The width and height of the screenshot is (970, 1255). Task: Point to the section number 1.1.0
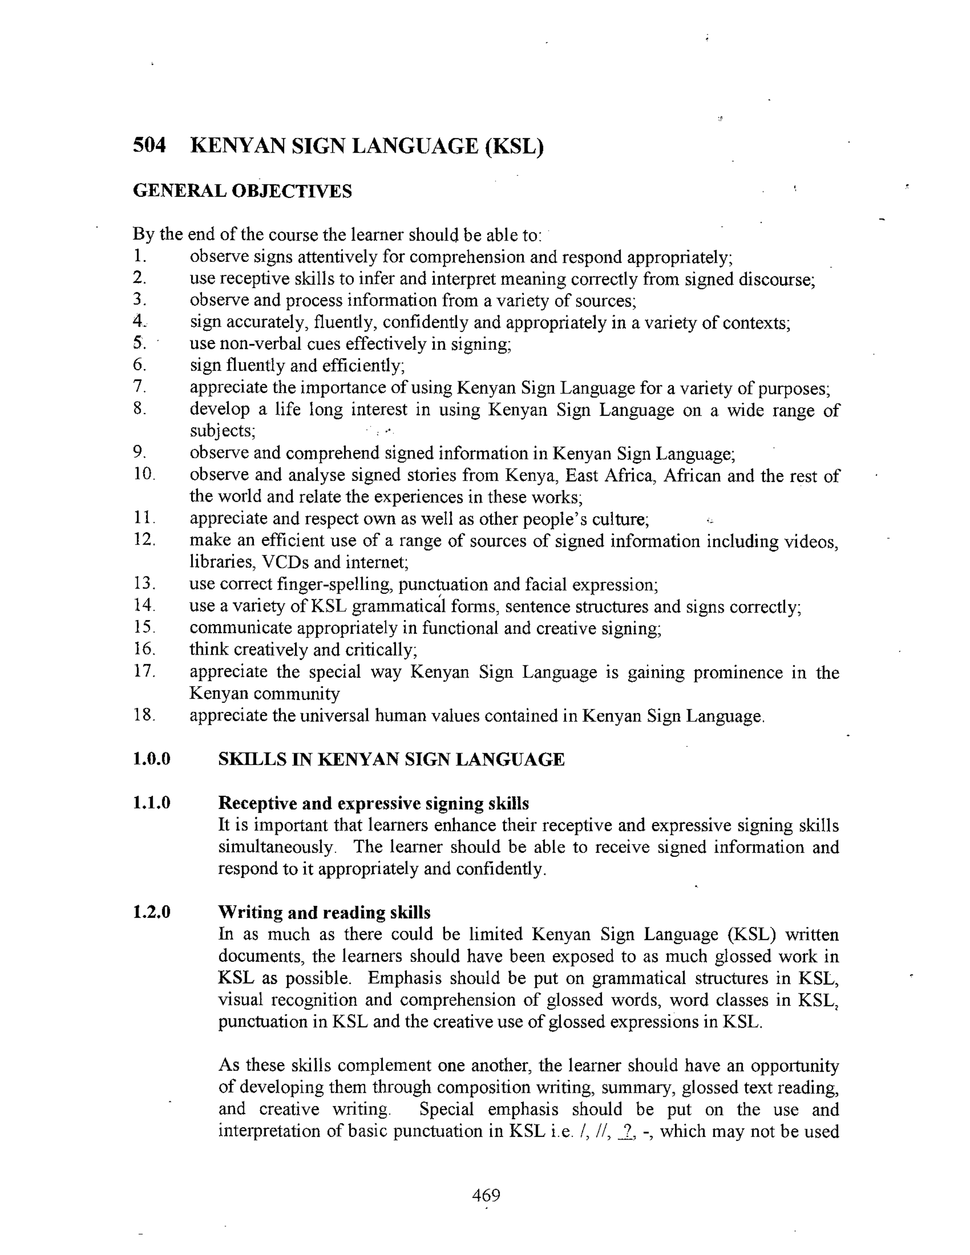click(x=152, y=803)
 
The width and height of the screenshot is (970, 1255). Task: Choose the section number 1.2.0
click(x=152, y=912)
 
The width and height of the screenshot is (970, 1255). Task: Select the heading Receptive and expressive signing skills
click(x=374, y=803)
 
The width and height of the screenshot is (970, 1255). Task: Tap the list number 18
click(x=144, y=715)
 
